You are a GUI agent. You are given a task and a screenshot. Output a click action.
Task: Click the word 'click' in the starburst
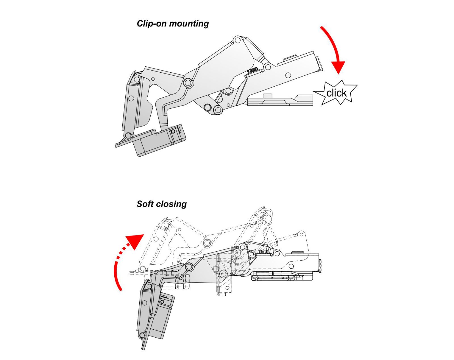pos(336,93)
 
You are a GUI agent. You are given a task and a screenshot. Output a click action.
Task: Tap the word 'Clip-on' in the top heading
pos(152,24)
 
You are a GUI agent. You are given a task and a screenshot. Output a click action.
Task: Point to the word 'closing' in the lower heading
pos(171,204)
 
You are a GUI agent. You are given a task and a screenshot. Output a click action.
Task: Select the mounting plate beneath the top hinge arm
pos(280,100)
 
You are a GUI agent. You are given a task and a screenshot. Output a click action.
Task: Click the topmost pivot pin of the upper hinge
pos(237,40)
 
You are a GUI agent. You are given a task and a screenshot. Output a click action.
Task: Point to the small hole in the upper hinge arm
pos(288,75)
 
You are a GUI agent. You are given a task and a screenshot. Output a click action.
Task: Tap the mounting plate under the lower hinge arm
pos(282,276)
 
